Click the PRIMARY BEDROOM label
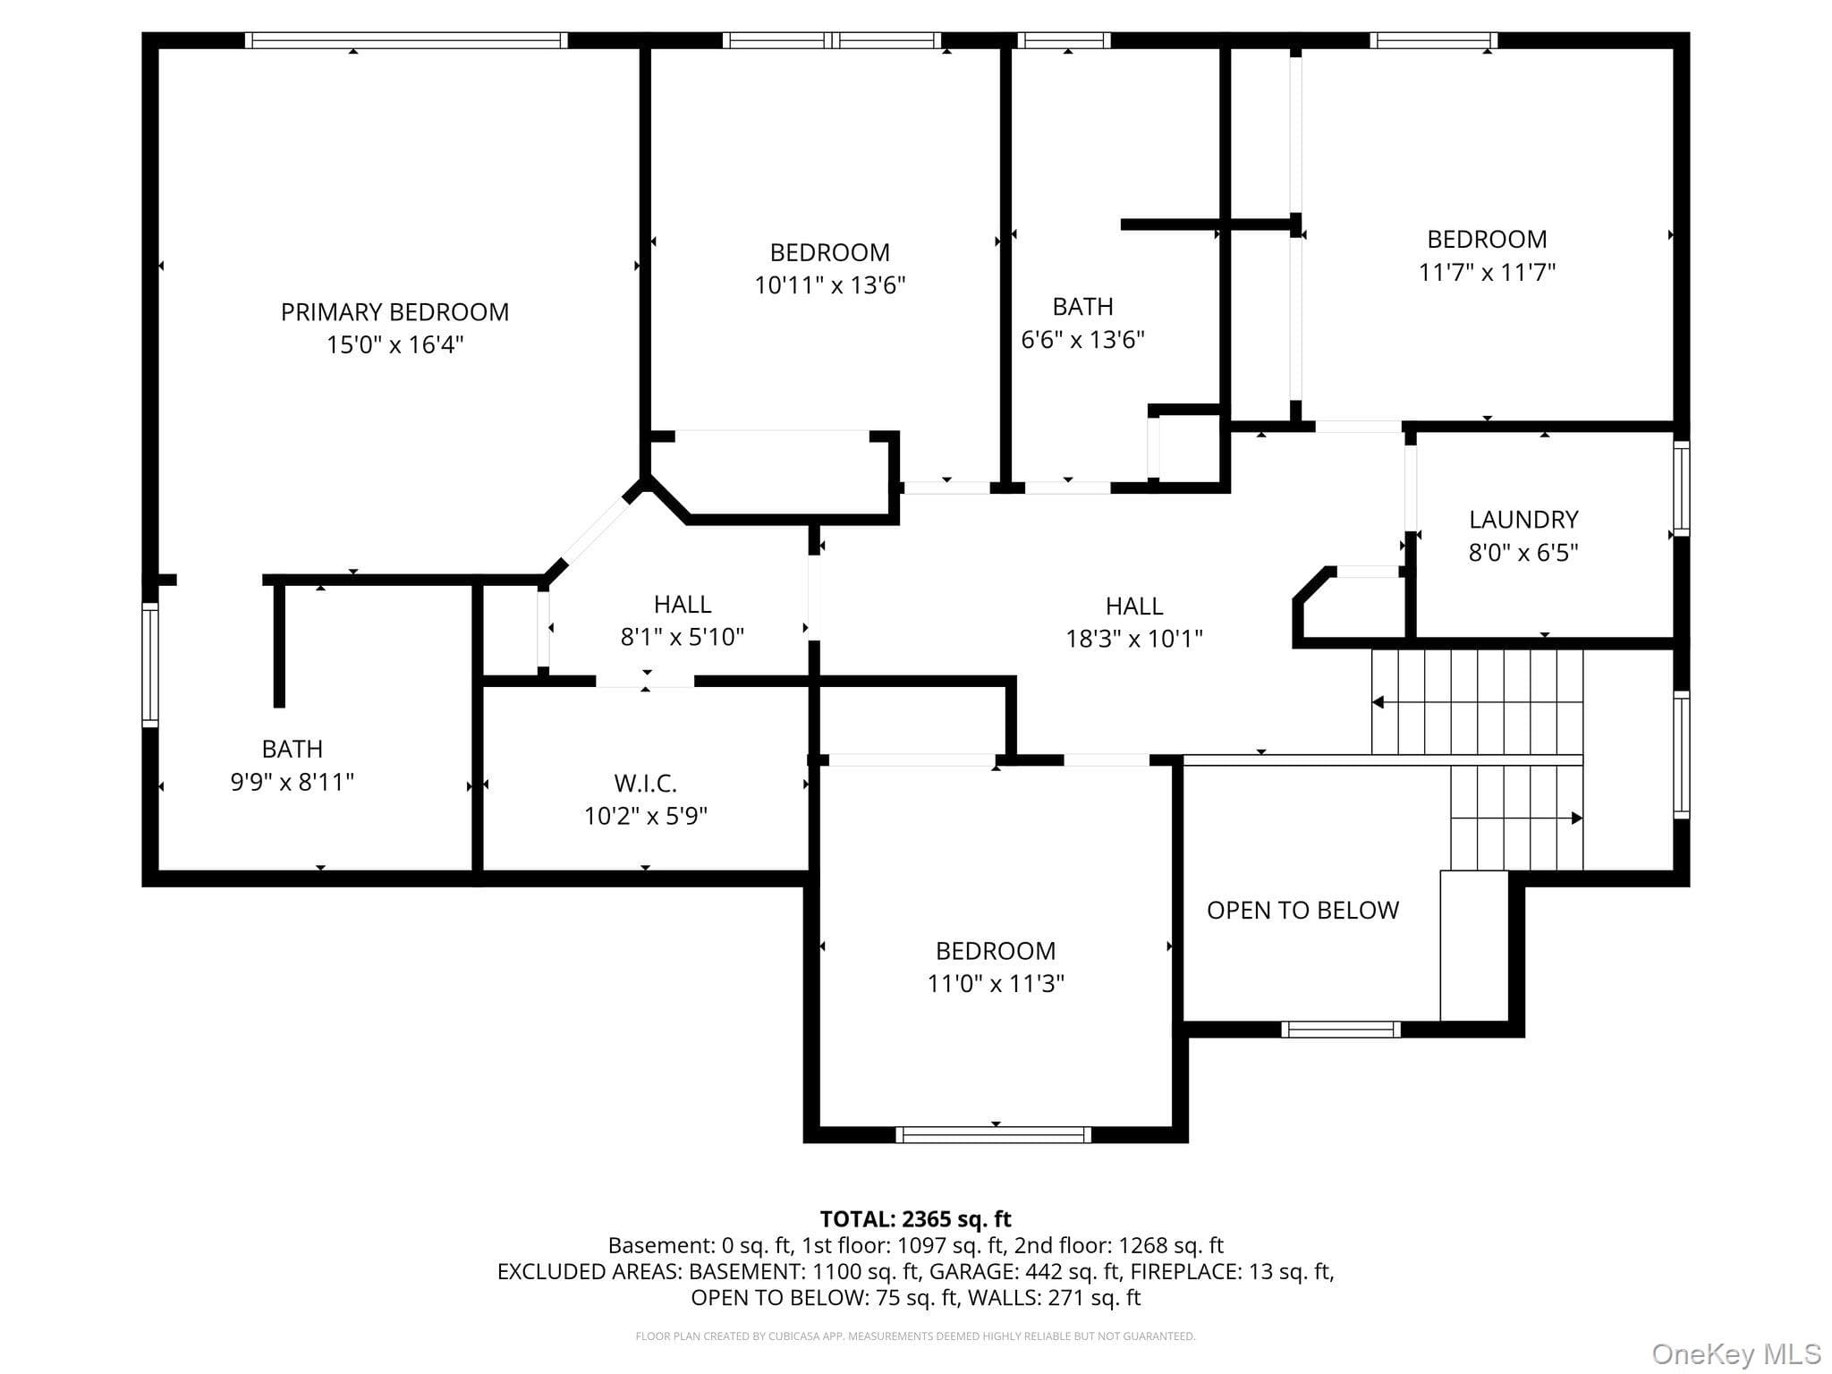394,312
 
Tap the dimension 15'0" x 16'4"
394,344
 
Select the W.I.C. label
645,784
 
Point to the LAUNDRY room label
1523,520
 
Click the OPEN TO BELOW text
1302,911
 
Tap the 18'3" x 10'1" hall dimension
1134,639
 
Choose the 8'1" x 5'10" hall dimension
683,637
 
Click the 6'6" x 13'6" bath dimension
1083,340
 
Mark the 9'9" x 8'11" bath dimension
293,782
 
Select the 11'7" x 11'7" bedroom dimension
1487,272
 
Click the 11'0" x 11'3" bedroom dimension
996,984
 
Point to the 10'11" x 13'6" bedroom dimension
830,285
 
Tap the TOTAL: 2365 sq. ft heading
915,1219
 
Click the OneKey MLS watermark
1736,1354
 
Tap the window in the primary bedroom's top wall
406,40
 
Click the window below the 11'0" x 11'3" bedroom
994,1135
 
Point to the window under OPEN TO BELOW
1341,1030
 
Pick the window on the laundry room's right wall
1682,488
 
